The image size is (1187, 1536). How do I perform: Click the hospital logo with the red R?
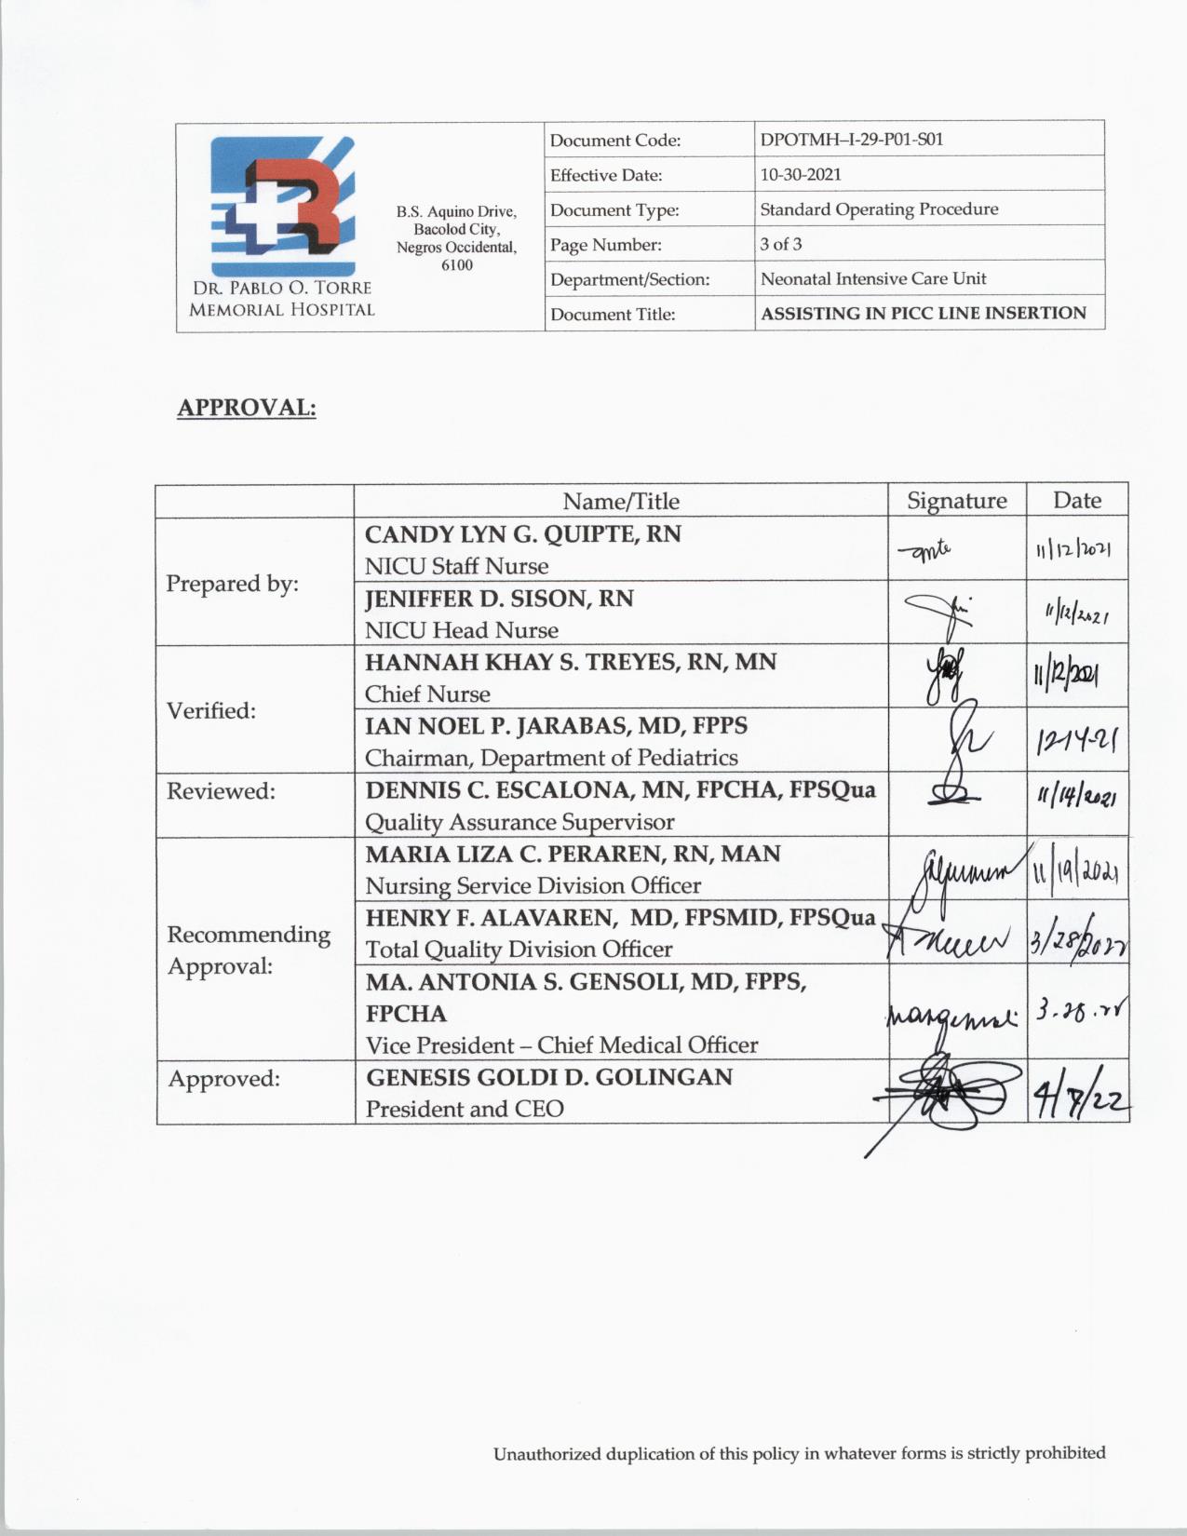tap(282, 206)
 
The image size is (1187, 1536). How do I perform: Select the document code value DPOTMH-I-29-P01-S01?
tap(851, 140)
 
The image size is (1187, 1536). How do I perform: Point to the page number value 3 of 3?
tap(781, 244)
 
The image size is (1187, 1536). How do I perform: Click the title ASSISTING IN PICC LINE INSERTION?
tap(923, 313)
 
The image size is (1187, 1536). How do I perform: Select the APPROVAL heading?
tap(247, 408)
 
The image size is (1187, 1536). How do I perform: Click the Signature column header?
tap(957, 501)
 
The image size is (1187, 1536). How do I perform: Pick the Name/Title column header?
tap(621, 501)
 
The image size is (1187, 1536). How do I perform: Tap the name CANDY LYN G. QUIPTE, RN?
tap(522, 534)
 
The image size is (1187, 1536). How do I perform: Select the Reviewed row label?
tap(221, 791)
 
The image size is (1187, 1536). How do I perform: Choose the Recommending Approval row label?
tap(249, 950)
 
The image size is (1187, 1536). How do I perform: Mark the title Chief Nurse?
tap(427, 694)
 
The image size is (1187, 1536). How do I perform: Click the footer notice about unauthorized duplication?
tap(799, 1453)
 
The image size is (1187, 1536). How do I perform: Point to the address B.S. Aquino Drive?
tap(456, 212)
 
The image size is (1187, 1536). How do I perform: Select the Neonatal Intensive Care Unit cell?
tap(873, 278)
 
